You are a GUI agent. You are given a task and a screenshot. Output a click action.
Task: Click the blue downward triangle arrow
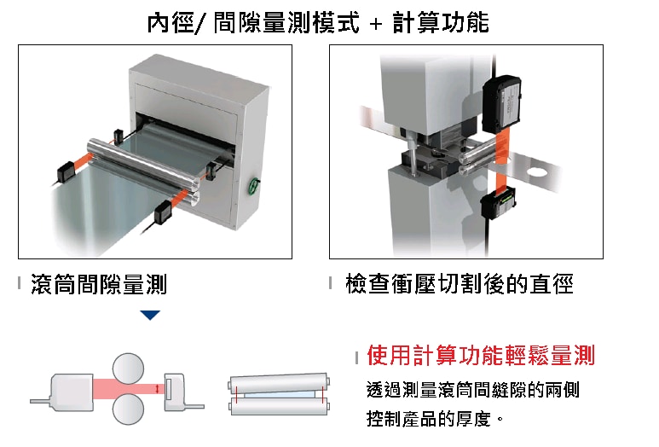click(150, 315)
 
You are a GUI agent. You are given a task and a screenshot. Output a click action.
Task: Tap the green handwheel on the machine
click(253, 185)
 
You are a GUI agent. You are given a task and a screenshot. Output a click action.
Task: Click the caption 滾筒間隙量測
click(99, 284)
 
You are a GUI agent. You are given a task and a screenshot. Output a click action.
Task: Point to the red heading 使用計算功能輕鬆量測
click(481, 356)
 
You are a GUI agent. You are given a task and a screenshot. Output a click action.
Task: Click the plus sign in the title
click(376, 24)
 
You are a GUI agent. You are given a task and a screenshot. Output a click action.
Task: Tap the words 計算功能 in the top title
click(442, 22)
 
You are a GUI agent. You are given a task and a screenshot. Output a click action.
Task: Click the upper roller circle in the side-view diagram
click(128, 369)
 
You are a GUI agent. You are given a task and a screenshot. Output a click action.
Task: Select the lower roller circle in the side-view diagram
click(128, 409)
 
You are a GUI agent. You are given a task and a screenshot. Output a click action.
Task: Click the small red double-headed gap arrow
click(157, 389)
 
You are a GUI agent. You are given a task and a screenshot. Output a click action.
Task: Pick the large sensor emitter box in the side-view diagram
click(72, 392)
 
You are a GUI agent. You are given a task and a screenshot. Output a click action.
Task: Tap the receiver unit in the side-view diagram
click(175, 392)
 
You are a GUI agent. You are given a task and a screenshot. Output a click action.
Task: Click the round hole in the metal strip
click(536, 171)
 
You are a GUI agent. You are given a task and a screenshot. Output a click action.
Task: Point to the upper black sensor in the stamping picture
click(501, 104)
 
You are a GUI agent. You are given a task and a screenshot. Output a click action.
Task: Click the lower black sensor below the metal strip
click(499, 203)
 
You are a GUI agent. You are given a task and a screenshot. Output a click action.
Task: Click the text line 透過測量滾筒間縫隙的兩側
click(473, 390)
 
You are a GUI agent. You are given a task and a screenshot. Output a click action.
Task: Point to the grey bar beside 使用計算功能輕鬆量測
click(357, 357)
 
